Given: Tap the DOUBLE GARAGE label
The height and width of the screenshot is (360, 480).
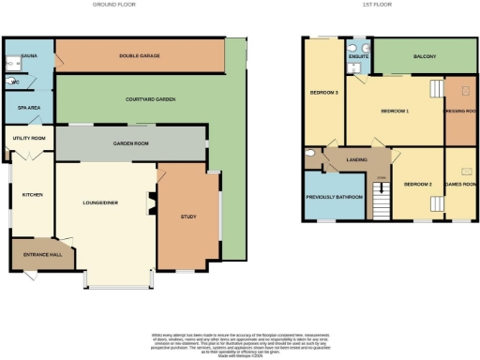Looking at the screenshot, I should click(x=139, y=56).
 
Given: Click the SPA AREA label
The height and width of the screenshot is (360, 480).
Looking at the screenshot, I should click(x=28, y=108).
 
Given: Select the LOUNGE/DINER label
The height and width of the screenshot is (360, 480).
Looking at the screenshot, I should click(x=100, y=202).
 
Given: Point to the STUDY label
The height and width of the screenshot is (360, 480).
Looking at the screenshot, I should click(x=187, y=217).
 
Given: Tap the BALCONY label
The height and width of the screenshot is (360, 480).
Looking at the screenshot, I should click(x=425, y=57).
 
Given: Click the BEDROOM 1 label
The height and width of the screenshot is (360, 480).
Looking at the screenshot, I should click(x=394, y=111).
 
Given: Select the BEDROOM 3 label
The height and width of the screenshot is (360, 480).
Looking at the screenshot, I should click(x=323, y=93).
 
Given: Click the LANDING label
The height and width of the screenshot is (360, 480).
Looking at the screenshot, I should click(x=356, y=160).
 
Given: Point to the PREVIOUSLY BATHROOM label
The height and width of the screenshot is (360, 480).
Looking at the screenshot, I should click(x=336, y=198).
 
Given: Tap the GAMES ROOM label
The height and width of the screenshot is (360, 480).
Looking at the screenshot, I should click(x=459, y=185).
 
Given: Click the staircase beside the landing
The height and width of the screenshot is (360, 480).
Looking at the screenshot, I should click(x=380, y=200).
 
